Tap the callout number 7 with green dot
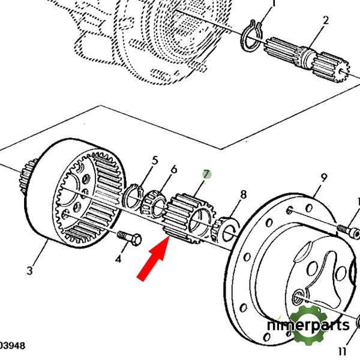[207, 175]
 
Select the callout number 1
[274, 4]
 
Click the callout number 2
[325, 20]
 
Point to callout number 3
[31, 271]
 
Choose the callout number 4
[118, 259]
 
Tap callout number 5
[155, 160]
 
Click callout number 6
[174, 170]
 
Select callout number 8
[243, 194]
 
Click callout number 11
[343, 351]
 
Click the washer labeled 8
[228, 228]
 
